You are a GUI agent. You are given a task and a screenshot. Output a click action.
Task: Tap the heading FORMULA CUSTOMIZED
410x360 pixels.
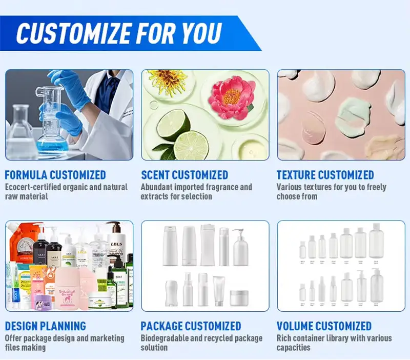pos(55,175)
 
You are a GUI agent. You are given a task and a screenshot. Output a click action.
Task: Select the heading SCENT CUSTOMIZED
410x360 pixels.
pos(184,175)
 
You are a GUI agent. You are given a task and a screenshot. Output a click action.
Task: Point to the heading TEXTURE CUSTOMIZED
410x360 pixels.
pos(325,175)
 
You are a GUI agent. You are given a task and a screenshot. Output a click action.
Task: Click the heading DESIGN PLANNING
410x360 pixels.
pos(46,326)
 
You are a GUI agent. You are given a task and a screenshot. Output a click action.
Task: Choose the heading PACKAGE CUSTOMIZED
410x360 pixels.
pos(191,326)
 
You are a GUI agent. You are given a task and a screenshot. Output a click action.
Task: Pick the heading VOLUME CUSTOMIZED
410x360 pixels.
pos(324,326)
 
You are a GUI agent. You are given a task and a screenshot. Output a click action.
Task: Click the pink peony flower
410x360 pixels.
pos(231,95)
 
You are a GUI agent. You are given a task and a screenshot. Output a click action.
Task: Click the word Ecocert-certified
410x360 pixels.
pos(37,187)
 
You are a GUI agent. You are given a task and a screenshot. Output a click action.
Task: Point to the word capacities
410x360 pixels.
pos(294,348)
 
